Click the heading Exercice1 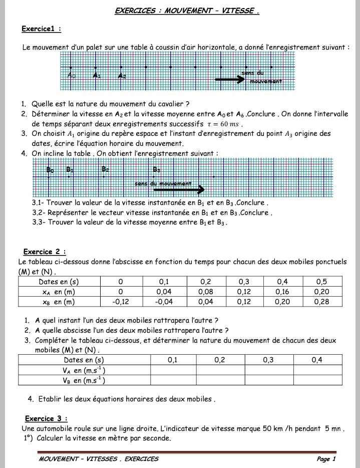pos(41,30)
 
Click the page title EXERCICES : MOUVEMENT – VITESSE pos(187,11)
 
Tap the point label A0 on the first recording pos(72,76)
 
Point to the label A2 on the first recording pos(122,76)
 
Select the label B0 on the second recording pos(50,170)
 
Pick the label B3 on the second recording pos(157,169)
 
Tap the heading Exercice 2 pos(45,252)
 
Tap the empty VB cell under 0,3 pos(268,380)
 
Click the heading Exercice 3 pos(46,418)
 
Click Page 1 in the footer pos(326,458)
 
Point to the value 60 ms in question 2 pos(231,124)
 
